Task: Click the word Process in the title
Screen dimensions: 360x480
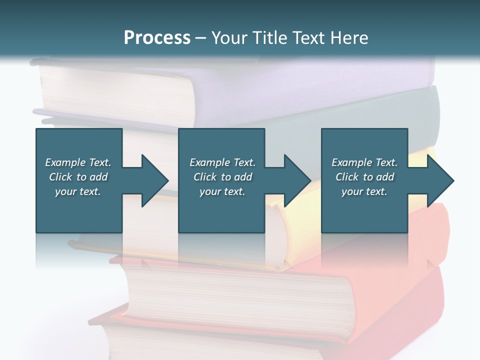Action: [157, 37]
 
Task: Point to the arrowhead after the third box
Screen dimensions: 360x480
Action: [439, 180]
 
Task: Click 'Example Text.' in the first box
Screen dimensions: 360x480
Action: [78, 162]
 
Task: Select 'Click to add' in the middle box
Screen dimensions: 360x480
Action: [222, 177]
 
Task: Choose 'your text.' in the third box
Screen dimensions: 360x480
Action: [364, 191]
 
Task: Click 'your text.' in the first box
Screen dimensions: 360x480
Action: [78, 191]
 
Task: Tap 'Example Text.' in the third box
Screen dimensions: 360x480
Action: [364, 162]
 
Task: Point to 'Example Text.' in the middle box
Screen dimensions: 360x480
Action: [222, 162]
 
